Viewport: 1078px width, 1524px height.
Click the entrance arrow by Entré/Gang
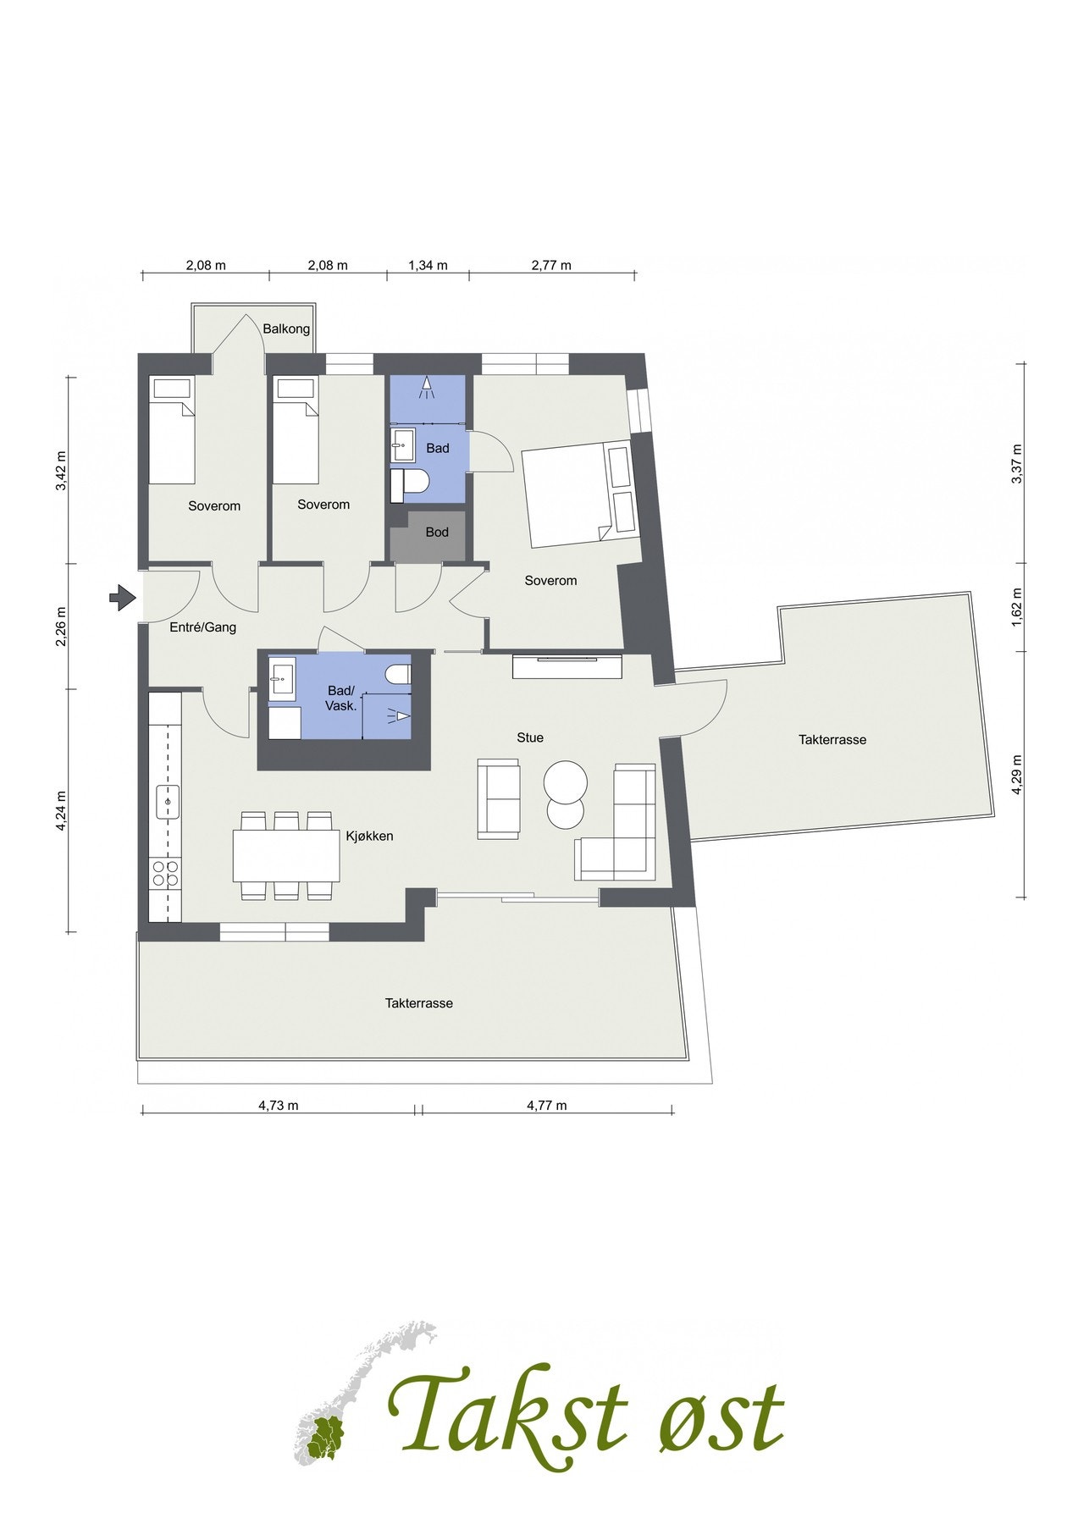(123, 599)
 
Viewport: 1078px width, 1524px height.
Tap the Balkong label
(286, 329)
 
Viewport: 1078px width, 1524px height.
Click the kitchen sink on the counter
(168, 800)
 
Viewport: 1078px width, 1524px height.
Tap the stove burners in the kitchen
(164, 873)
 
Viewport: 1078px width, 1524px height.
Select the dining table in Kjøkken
(286, 856)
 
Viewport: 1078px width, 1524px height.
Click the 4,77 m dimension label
(546, 1105)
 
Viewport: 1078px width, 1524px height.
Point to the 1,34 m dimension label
(428, 265)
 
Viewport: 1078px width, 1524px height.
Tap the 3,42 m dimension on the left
(60, 477)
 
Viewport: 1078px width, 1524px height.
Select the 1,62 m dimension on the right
(1017, 605)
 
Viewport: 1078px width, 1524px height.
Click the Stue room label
(530, 737)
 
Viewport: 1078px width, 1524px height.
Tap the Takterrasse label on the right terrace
(832, 739)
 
